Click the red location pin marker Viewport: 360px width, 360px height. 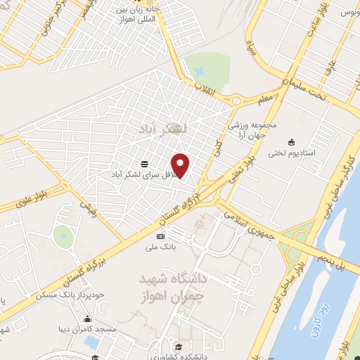click(x=181, y=166)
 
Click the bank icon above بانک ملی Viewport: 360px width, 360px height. click(x=160, y=236)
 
